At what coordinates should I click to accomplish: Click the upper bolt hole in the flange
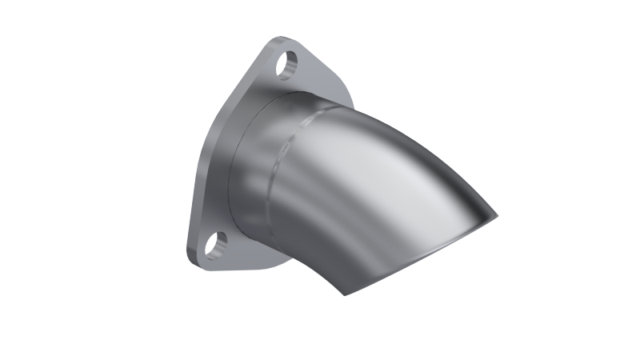[x=290, y=64]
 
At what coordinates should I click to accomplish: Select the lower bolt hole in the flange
[x=215, y=244]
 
